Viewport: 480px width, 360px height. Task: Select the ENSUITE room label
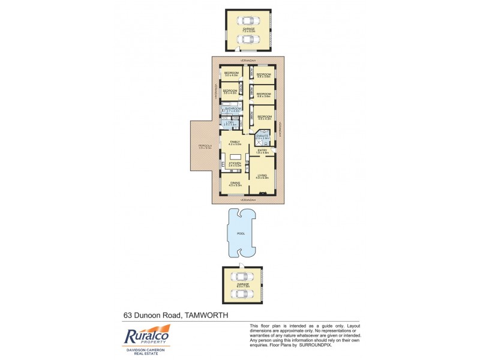tap(262, 137)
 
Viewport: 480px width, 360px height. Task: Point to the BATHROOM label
tap(233, 109)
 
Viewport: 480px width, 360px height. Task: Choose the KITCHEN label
tap(235, 163)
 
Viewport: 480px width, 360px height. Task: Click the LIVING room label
tap(262, 175)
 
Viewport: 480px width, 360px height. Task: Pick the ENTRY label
tap(262, 151)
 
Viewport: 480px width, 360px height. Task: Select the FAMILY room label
tap(235, 142)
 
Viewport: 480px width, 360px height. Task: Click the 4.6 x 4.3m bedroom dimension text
tap(265, 119)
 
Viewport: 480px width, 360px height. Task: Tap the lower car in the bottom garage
tap(241, 293)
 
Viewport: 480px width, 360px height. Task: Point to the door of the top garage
tap(239, 49)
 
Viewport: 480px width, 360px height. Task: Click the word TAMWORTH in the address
tap(206, 314)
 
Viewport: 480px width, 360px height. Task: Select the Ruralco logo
tap(146, 336)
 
